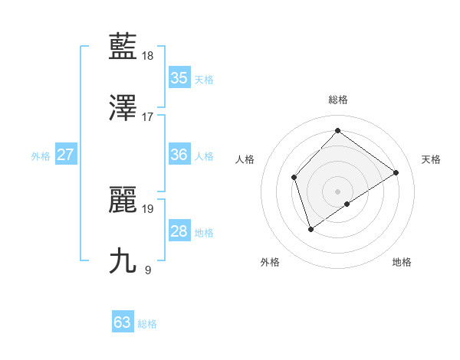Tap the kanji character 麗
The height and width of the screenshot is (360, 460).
pyautogui.click(x=123, y=199)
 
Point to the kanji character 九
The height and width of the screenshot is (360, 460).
pyautogui.click(x=123, y=260)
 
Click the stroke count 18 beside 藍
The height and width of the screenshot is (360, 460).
pyautogui.click(x=149, y=56)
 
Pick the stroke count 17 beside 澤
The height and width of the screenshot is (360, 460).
pyautogui.click(x=148, y=117)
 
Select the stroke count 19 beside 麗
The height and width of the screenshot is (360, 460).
pyautogui.click(x=149, y=208)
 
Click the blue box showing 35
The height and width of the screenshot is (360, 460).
pyautogui.click(x=179, y=78)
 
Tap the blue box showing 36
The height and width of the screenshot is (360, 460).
pyautogui.click(x=179, y=155)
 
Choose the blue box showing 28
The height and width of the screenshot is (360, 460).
pyautogui.click(x=179, y=231)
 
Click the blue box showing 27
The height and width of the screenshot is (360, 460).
pyautogui.click(x=66, y=155)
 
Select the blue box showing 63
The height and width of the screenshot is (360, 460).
pyautogui.click(x=123, y=322)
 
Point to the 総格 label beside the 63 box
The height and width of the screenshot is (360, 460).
pyautogui.click(x=147, y=324)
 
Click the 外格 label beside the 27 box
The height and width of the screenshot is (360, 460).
pyautogui.click(x=41, y=156)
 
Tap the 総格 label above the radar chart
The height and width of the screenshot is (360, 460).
pyautogui.click(x=338, y=100)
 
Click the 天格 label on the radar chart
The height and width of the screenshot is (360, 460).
pyautogui.click(x=431, y=159)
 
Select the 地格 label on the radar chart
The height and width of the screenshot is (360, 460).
pyautogui.click(x=402, y=262)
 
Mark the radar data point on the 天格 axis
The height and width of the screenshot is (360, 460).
pyautogui.click(x=396, y=173)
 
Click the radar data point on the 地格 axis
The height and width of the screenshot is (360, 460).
pyautogui.click(x=347, y=204)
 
